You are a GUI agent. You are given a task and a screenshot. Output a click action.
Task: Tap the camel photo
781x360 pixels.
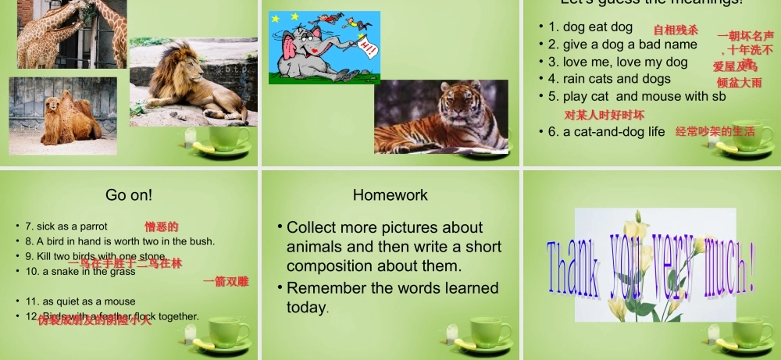click(x=63, y=116)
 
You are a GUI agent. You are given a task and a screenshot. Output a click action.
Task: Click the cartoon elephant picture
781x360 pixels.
click(x=324, y=48)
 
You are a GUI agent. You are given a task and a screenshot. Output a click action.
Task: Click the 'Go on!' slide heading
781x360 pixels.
click(x=129, y=194)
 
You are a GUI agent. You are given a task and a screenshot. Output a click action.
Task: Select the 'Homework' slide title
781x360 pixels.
click(x=390, y=194)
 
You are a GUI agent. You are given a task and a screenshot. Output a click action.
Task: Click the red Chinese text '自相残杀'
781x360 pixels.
click(x=676, y=30)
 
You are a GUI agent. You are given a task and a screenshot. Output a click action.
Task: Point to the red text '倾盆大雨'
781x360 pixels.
click(x=739, y=82)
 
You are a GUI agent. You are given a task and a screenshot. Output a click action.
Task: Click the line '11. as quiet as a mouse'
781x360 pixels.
click(x=80, y=301)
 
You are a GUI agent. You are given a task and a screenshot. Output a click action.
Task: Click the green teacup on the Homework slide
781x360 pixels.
click(x=491, y=331)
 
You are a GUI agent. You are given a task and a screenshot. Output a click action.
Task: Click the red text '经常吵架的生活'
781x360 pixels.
click(x=715, y=132)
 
